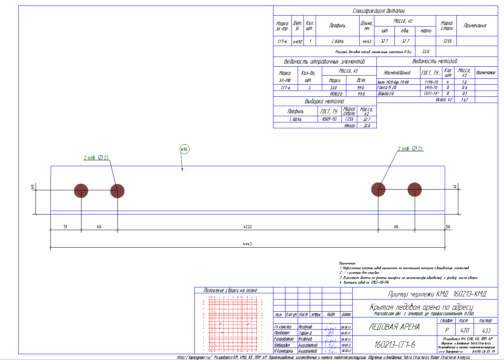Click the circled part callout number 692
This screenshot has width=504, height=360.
(185, 149)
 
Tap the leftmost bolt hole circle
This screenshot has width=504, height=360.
(81, 191)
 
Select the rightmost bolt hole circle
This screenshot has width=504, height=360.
(415, 190)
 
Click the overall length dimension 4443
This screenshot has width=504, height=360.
(247, 244)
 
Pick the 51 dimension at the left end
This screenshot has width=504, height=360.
(65, 226)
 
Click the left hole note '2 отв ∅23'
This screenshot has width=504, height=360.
(96, 158)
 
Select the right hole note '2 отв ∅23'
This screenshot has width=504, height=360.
(410, 149)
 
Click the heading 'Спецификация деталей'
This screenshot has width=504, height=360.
(379, 11)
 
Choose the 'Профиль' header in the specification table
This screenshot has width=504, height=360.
(337, 26)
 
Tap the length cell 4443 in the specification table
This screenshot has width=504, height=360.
(367, 41)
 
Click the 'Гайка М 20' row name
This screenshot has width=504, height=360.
(389, 88)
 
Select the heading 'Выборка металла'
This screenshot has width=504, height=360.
(325, 101)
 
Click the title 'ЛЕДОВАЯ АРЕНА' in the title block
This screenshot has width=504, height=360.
(394, 327)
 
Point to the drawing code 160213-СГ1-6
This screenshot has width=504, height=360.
(394, 345)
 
